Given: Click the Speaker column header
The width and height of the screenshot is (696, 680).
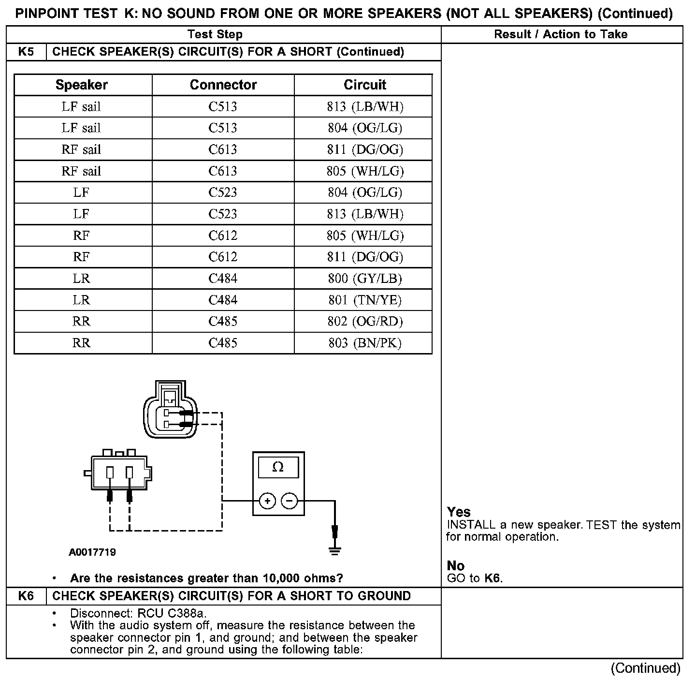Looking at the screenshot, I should [x=82, y=85].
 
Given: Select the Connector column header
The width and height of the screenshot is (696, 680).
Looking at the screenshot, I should [x=223, y=85].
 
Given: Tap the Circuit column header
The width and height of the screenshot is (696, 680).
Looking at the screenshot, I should [x=365, y=85].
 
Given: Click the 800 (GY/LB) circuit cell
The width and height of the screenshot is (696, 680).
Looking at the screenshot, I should [x=365, y=279].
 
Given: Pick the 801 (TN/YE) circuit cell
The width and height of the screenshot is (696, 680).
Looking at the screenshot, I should [x=365, y=300].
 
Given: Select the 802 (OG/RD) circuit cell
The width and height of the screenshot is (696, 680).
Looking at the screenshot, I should [x=365, y=322].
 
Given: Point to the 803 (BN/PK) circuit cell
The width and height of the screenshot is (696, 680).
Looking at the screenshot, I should [x=365, y=343].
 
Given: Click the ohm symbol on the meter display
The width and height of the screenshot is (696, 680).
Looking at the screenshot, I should [x=278, y=467].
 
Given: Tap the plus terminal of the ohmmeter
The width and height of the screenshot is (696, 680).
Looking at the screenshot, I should [x=268, y=501].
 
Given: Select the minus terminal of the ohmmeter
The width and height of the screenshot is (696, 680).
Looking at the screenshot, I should [x=289, y=501].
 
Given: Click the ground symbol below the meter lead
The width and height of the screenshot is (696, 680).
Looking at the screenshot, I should [x=334, y=550].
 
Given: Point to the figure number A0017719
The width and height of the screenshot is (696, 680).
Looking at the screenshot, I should [x=92, y=552].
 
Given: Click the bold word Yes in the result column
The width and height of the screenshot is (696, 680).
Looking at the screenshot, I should [x=459, y=512].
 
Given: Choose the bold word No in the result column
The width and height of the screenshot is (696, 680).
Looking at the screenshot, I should [x=455, y=566].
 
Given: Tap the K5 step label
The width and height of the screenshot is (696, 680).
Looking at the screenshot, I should [x=26, y=52].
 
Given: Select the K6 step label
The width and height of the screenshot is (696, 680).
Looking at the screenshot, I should [x=26, y=596].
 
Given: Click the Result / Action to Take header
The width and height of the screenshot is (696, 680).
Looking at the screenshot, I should [x=561, y=34].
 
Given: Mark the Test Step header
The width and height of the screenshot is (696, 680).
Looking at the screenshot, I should [x=215, y=34].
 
